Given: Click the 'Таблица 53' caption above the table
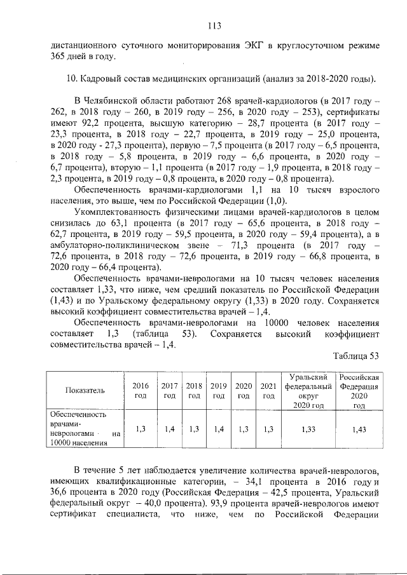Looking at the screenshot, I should (356, 355).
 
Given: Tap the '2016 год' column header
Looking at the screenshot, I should (140, 390).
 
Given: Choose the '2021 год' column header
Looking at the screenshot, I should (268, 390).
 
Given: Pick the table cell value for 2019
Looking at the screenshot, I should (218, 429).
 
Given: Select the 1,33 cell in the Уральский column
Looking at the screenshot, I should (309, 429).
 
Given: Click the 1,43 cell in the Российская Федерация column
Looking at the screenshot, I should (359, 429).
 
